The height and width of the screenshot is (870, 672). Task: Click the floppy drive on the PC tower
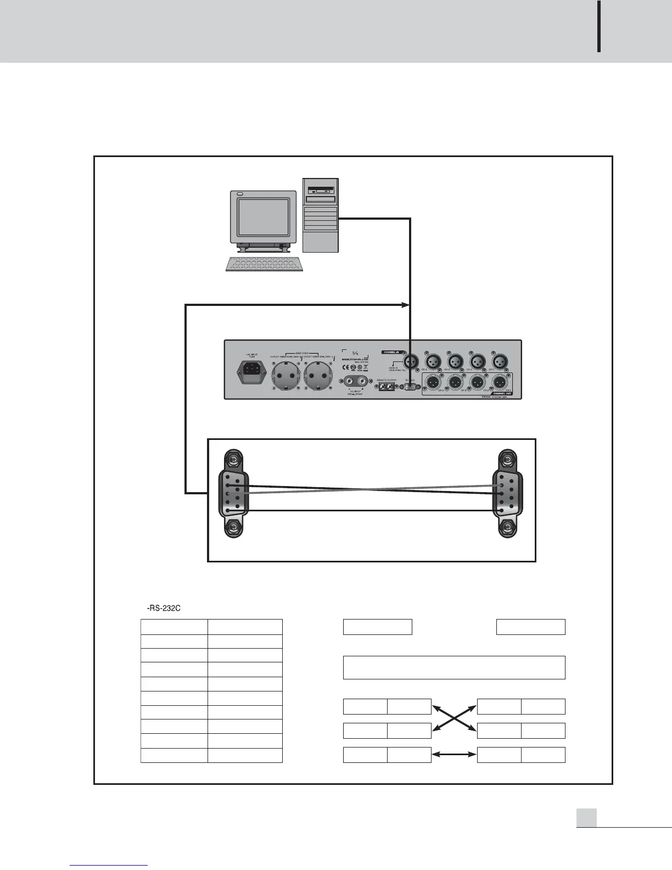(x=321, y=190)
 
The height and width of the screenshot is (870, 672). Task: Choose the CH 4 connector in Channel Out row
(x=432, y=382)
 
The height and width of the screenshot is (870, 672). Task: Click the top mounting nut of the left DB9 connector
(x=233, y=459)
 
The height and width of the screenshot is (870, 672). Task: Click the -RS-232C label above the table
(x=164, y=608)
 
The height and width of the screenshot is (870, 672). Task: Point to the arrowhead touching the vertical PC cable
(x=406, y=305)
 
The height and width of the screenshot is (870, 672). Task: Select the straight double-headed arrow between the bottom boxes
(x=454, y=755)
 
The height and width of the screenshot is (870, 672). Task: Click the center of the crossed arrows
(x=454, y=718)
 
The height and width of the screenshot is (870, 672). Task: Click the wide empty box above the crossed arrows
(x=454, y=667)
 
